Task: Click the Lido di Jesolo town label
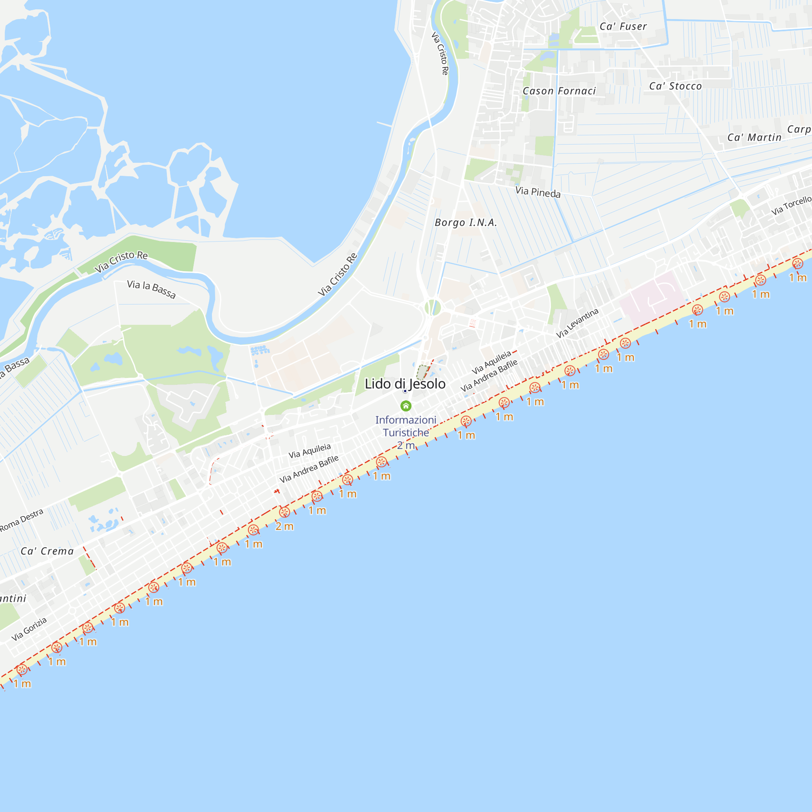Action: [405, 384]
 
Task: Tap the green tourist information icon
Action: [406, 406]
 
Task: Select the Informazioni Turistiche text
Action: [406, 426]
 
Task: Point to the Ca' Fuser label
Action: [623, 26]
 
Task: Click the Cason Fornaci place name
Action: [559, 91]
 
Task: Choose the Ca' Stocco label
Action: [676, 86]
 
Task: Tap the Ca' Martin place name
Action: [754, 138]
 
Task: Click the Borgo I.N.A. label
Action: [466, 222]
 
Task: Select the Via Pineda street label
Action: [538, 192]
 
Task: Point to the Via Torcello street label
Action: [791, 205]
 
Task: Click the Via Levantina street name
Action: [577, 323]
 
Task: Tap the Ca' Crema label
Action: [47, 551]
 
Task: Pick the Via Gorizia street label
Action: [29, 629]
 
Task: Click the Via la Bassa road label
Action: [151, 289]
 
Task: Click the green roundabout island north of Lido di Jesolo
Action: [432, 307]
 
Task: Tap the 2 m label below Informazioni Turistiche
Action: [406, 445]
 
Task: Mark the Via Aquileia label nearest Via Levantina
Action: [491, 362]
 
